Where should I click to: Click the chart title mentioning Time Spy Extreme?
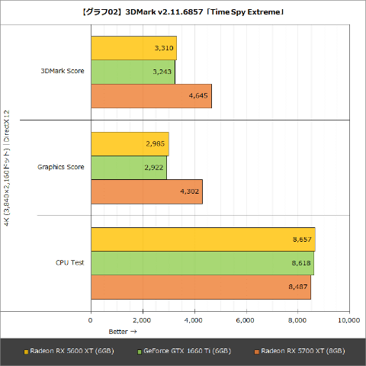(x=183, y=11)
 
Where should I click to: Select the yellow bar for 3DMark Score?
(x=133, y=48)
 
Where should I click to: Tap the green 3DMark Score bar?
(x=133, y=72)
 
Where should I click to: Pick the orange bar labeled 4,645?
(x=151, y=96)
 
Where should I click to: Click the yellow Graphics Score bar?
(x=130, y=143)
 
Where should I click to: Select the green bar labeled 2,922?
(x=129, y=167)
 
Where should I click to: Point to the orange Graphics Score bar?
(x=146, y=191)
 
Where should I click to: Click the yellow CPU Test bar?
(x=203, y=239)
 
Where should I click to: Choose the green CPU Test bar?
(x=202, y=263)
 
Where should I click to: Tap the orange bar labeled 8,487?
(x=201, y=287)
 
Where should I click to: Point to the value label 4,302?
(x=190, y=191)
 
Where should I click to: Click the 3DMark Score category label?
(x=63, y=72)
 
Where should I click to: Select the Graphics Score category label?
(x=61, y=167)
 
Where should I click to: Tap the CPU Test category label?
(x=69, y=263)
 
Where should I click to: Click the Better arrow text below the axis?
(x=122, y=332)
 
